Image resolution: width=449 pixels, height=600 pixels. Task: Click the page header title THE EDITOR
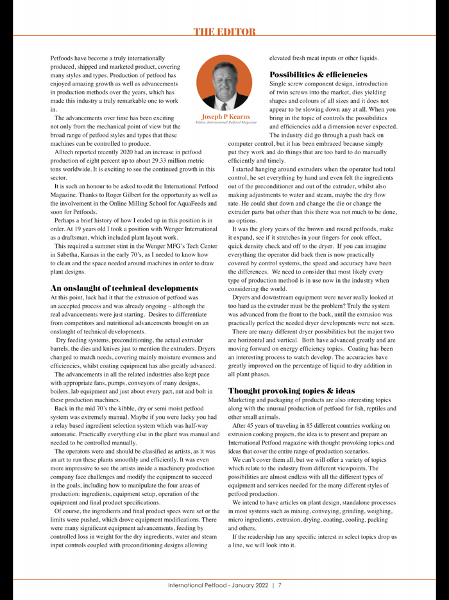click(224, 31)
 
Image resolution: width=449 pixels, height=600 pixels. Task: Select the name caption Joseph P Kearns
click(221, 116)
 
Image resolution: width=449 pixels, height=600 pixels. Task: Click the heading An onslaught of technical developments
click(124, 288)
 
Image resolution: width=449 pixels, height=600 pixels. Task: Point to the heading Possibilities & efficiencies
click(318, 75)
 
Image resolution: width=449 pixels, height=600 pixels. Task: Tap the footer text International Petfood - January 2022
click(217, 585)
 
